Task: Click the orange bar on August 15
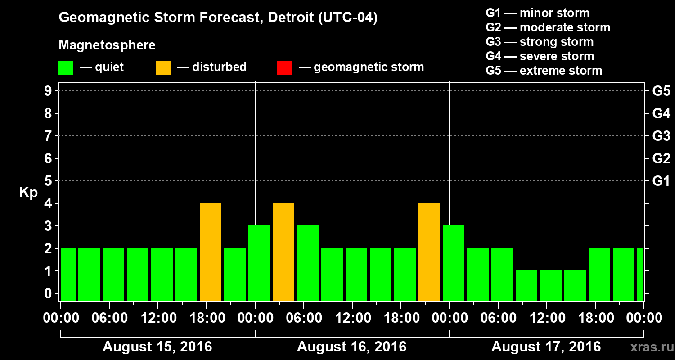pyautogui.click(x=211, y=252)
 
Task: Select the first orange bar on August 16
pyautogui.click(x=283, y=252)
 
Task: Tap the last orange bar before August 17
pyautogui.click(x=429, y=252)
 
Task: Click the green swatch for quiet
pyautogui.click(x=66, y=68)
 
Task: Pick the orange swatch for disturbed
pyautogui.click(x=163, y=68)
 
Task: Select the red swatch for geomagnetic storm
pyautogui.click(x=284, y=68)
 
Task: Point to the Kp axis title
pyautogui.click(x=28, y=193)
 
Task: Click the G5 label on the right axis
pyautogui.click(x=661, y=91)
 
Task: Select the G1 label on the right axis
pyautogui.click(x=661, y=181)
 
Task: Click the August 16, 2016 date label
pyautogui.click(x=351, y=347)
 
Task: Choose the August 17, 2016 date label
pyautogui.click(x=546, y=347)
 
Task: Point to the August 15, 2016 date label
pyautogui.click(x=157, y=347)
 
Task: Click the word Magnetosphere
pyautogui.click(x=107, y=45)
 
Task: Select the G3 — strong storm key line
pyautogui.click(x=540, y=42)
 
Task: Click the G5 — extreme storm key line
pyautogui.click(x=544, y=71)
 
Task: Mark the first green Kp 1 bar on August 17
pyautogui.click(x=526, y=285)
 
